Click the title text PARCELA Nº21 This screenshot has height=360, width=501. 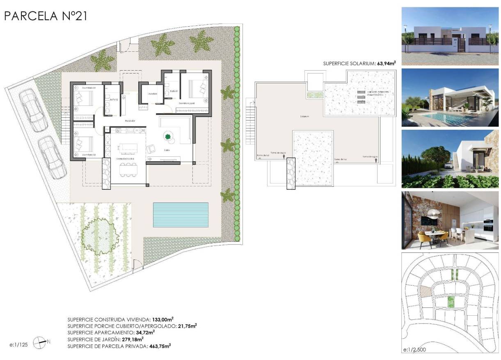[46, 16]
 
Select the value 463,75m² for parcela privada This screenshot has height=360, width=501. [159, 346]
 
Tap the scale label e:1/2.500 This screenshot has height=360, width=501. [418, 350]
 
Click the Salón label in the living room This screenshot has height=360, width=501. [167, 150]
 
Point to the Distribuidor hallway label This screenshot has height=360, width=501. [130, 121]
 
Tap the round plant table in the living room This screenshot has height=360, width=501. [168, 137]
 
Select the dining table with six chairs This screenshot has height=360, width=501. [128, 169]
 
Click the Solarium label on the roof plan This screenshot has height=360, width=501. [304, 117]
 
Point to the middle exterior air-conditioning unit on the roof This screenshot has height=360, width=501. [360, 96]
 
